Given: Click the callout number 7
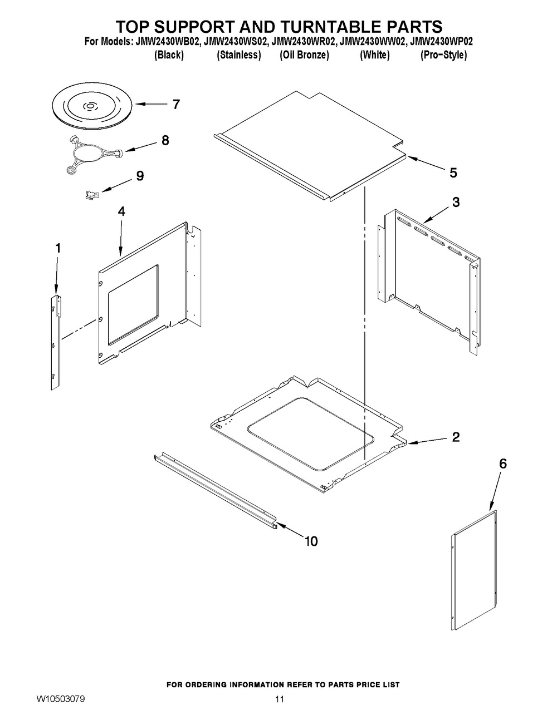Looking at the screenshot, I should (x=176, y=104).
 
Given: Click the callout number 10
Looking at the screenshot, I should (x=311, y=540).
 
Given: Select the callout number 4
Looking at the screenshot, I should (x=121, y=211).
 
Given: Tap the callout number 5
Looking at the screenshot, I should (x=453, y=173).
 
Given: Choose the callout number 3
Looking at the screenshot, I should (x=456, y=203).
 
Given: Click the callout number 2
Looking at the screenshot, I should (x=456, y=437).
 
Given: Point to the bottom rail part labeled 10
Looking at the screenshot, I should (x=214, y=490).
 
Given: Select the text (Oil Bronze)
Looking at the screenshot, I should (x=304, y=55).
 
